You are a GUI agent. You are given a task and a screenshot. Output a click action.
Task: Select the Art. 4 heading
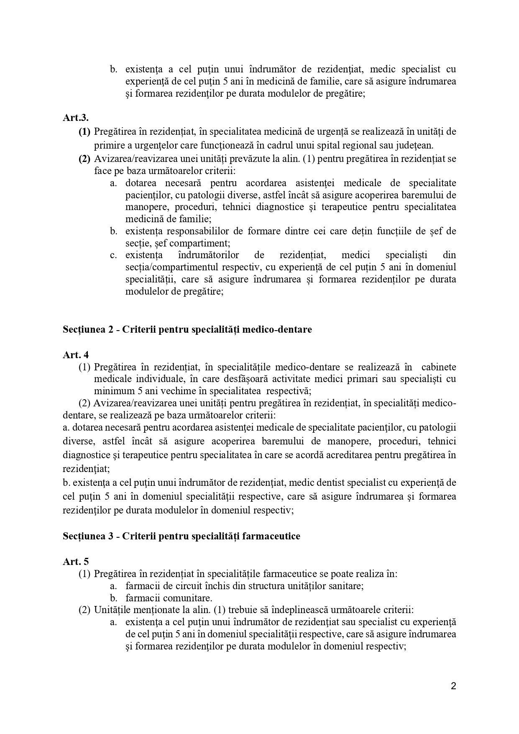pyautogui.click(x=76, y=355)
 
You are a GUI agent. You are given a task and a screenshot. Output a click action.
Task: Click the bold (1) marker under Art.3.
pyautogui.click(x=84, y=132)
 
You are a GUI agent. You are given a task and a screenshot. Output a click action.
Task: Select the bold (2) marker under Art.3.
pyautogui.click(x=84, y=159)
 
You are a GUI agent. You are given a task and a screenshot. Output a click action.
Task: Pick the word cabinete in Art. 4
pyautogui.click(x=439, y=367)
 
